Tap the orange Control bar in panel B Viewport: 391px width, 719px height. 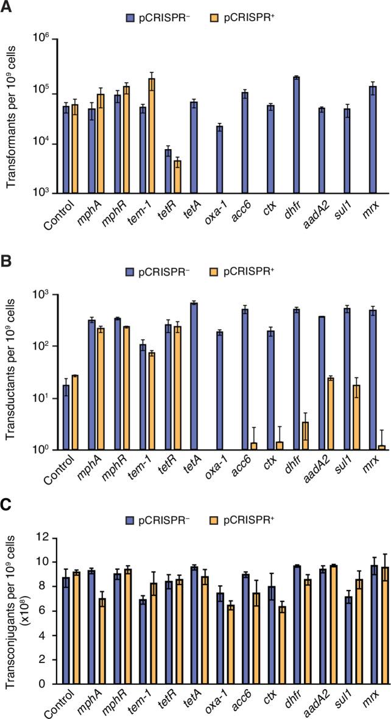coord(75,412)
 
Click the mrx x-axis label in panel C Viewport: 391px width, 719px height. coord(373,701)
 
